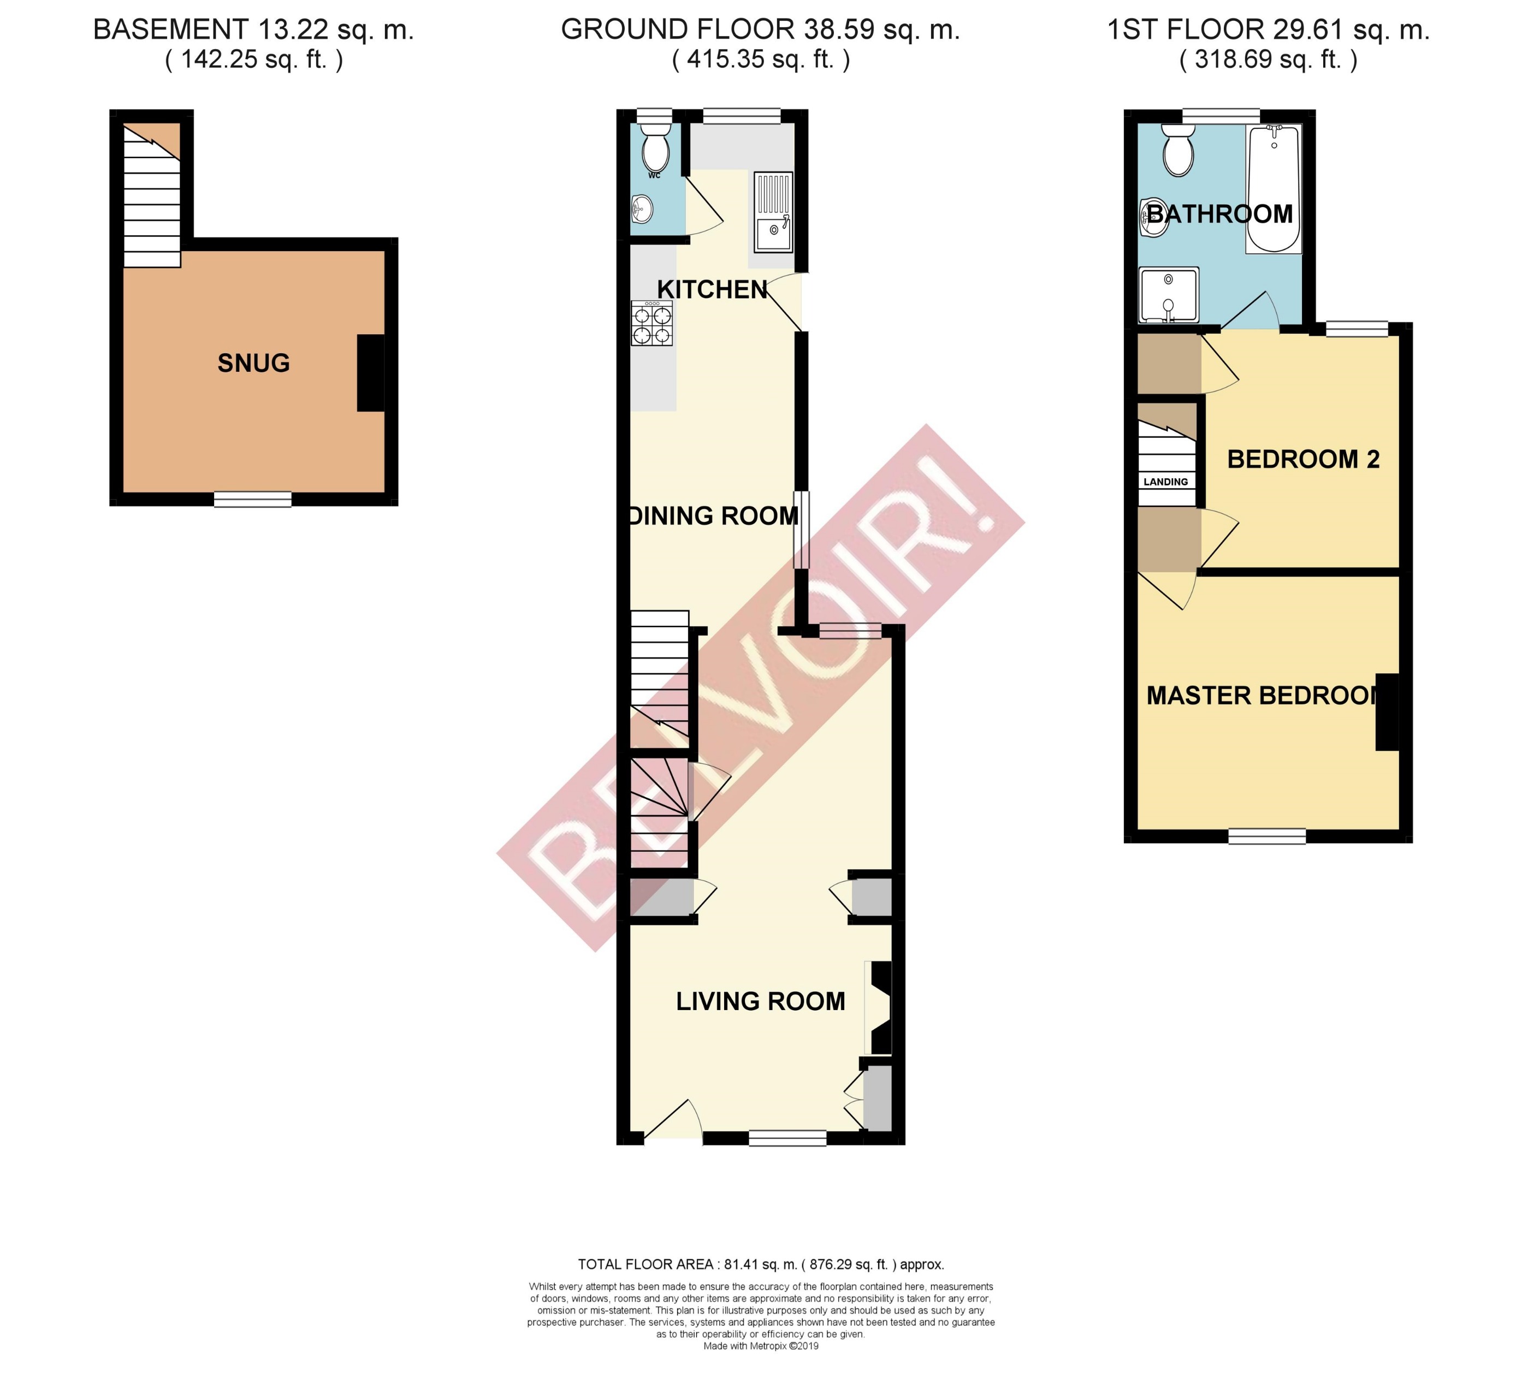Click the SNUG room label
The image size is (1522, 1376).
pos(253,363)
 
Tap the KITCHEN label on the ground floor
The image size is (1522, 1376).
pos(712,289)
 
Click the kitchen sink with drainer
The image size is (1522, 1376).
pos(773,212)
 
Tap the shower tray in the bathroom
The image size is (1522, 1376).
pos(1169,294)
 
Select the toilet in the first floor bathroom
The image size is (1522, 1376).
pos(1178,151)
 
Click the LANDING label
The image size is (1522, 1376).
pos(1165,482)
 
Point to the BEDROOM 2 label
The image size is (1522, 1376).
pos(1303,459)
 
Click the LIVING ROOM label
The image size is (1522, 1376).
pos(760,1001)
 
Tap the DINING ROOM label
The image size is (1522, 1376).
pos(713,515)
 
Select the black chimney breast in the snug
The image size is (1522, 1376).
pos(371,373)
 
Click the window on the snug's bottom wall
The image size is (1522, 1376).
pos(253,499)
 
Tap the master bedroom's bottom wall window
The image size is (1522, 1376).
pos(1267,835)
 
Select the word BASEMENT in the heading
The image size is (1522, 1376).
pos(170,30)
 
